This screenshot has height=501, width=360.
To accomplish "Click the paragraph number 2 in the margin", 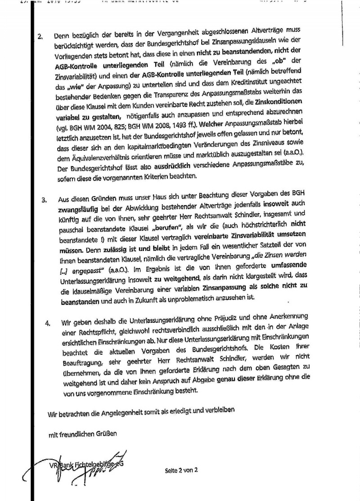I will tap(40, 36).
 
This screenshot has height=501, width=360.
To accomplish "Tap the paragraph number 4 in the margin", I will tap(48, 323).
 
